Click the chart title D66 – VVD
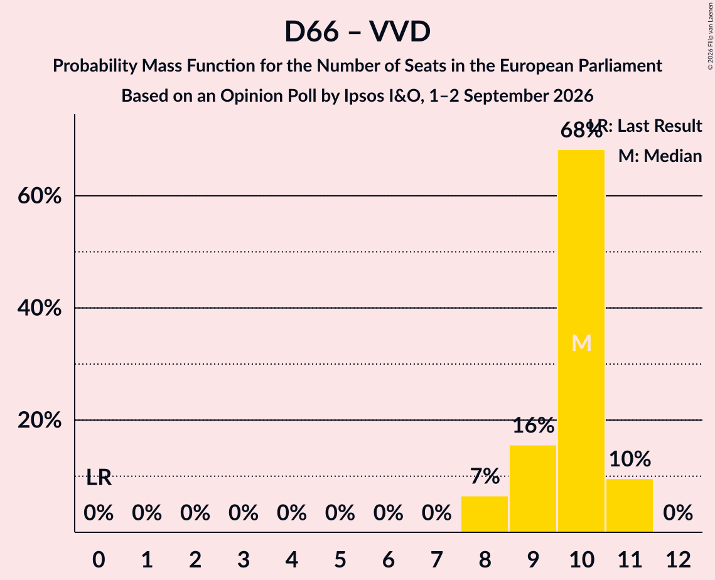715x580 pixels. click(358, 32)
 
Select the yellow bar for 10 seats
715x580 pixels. click(581, 341)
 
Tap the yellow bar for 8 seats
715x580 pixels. click(485, 514)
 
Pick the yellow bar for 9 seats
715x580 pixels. click(533, 488)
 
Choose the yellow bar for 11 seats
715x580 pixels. click(630, 505)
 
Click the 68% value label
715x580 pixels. click(581, 131)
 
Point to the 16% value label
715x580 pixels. click(533, 426)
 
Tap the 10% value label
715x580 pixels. click(630, 459)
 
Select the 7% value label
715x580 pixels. click(485, 476)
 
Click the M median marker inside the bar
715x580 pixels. click(581, 343)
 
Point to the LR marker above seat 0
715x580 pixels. click(99, 478)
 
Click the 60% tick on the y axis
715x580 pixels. click(40, 196)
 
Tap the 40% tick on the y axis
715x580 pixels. click(40, 308)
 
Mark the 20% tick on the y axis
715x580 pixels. click(40, 420)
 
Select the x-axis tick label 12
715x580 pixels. click(678, 559)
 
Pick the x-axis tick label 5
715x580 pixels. click(340, 559)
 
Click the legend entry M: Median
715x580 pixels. click(660, 156)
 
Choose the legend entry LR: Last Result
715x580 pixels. click(645, 126)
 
